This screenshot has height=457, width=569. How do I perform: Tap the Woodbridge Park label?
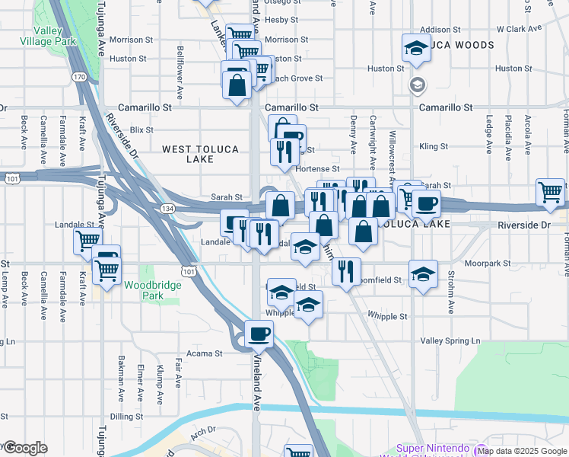144,290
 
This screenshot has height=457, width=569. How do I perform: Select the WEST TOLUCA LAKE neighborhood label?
200,154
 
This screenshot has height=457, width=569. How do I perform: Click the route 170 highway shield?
79,77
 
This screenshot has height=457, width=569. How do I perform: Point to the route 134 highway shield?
164,208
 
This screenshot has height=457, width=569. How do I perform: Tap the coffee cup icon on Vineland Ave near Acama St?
259,334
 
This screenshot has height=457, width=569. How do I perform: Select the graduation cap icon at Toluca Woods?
415,48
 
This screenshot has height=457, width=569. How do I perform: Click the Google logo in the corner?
25,448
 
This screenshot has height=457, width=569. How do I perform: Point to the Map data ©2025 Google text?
523,451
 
